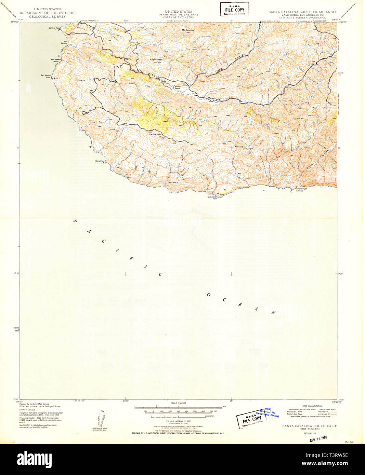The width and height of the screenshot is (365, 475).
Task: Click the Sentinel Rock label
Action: (x=54, y=28)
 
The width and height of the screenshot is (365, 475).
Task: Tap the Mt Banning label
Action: (x=188, y=30)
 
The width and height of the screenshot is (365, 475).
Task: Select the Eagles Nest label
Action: (x=156, y=59)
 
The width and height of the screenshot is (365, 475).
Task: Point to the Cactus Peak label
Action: (x=155, y=135)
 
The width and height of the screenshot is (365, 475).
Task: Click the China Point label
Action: (x=100, y=161)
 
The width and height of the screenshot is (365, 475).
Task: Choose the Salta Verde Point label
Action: (x=212, y=197)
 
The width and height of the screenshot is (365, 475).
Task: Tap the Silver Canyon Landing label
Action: (x=299, y=190)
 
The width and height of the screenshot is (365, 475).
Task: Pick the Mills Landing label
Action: (x=64, y=42)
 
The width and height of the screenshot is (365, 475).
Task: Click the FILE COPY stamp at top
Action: (x=234, y=9)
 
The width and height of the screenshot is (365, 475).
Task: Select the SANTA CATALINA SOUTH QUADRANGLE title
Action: (x=302, y=12)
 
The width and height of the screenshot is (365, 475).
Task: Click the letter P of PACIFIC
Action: (x=75, y=221)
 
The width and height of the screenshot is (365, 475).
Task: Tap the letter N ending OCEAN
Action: (x=273, y=312)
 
